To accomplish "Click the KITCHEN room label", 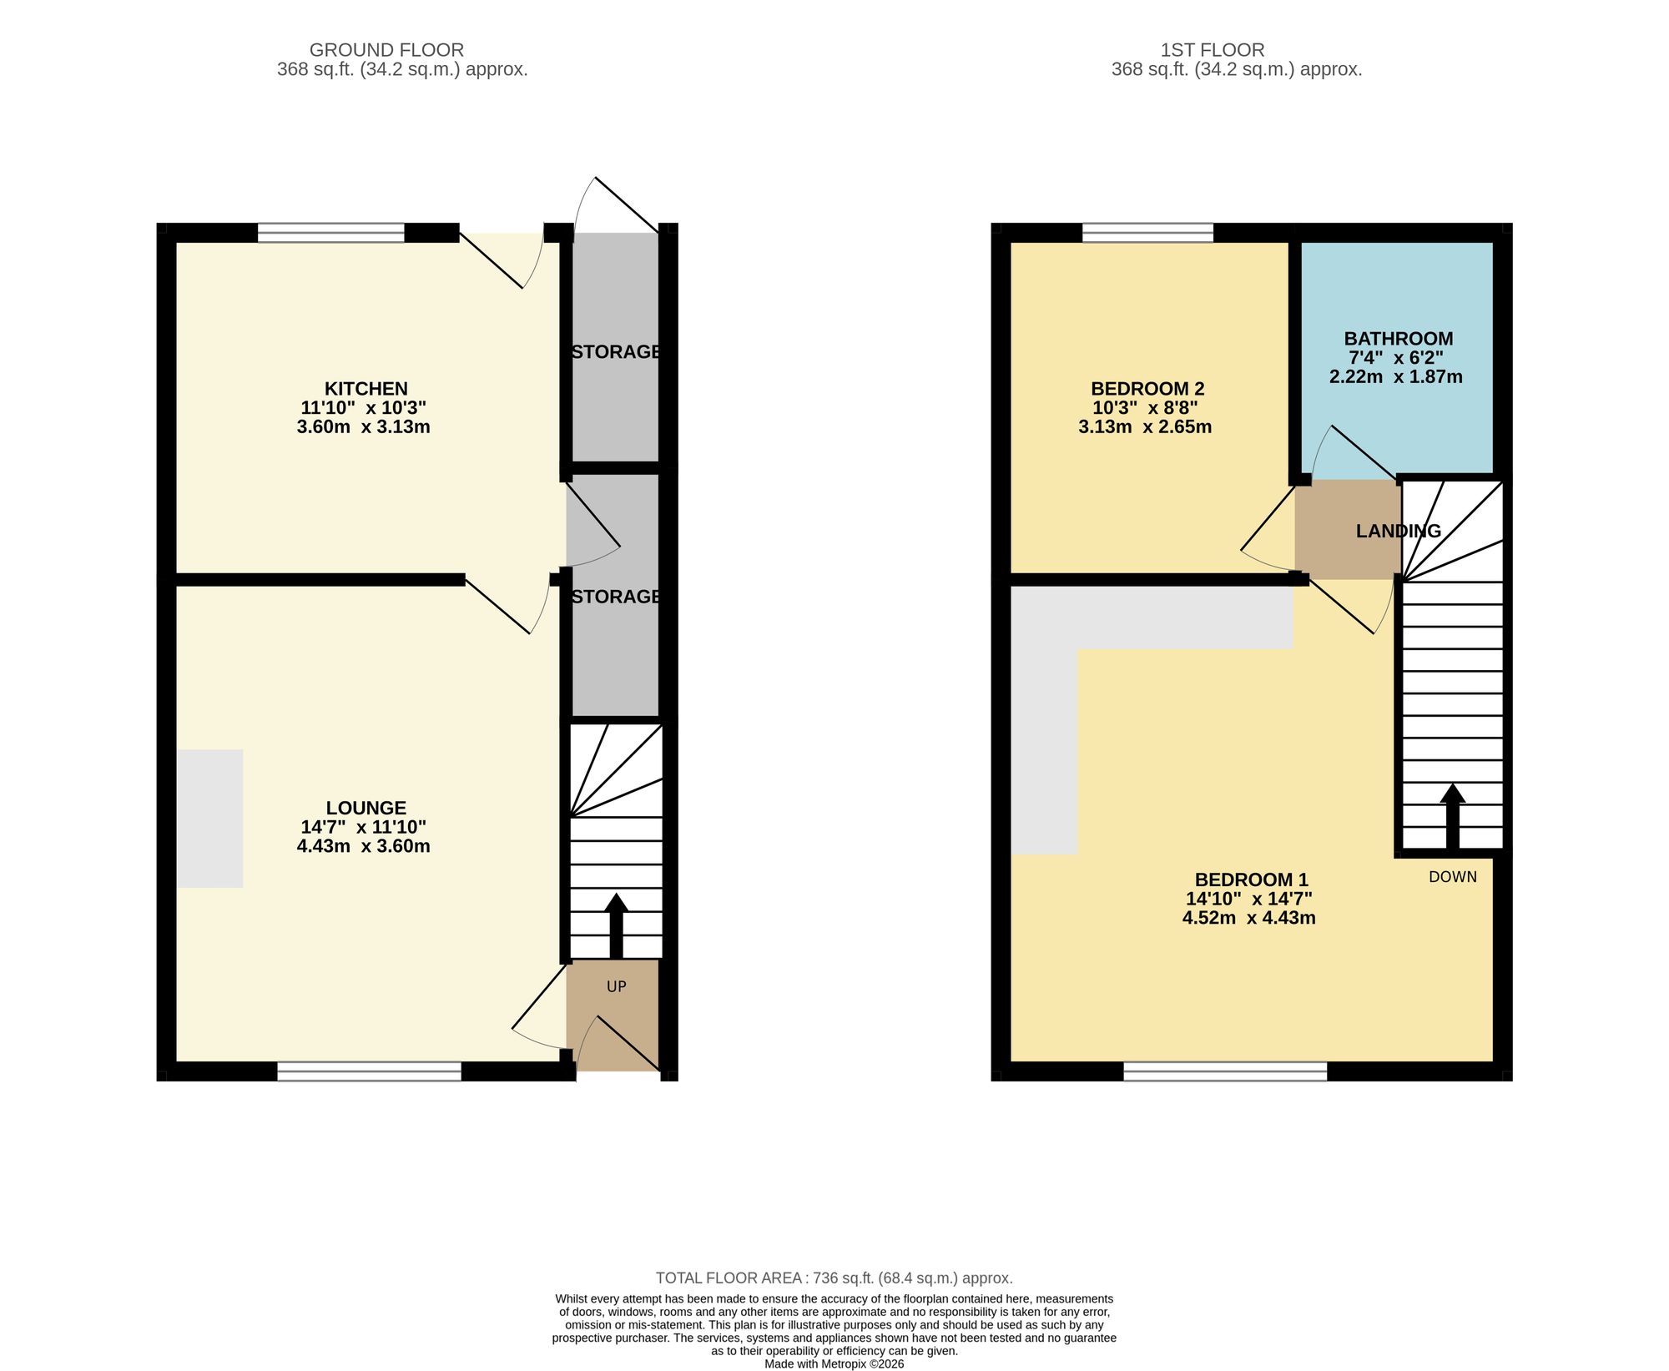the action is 366,389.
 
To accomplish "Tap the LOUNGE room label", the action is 366,808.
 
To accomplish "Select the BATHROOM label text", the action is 1398,339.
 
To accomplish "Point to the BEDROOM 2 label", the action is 1147,389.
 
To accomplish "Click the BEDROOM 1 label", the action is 1251,880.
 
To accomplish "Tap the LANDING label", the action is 1398,531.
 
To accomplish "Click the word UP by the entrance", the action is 616,986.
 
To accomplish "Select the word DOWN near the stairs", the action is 1453,877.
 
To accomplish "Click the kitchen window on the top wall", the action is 331,232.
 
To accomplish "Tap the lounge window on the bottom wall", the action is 369,1071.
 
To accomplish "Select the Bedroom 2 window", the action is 1147,232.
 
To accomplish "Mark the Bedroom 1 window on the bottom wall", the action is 1225,1071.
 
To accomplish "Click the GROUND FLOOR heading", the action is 386,50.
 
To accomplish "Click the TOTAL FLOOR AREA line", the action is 834,1278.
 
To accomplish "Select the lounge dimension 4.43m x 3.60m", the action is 363,846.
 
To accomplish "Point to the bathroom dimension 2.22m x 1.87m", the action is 1395,376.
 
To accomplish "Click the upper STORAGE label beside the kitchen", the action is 616,351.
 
